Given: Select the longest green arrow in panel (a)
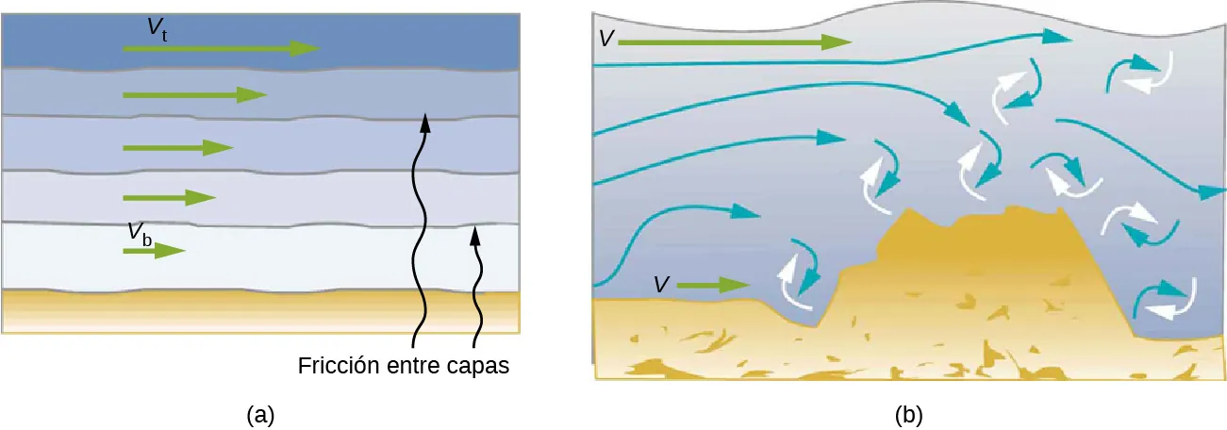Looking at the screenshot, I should (x=222, y=48).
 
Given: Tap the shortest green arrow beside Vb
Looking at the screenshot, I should (x=155, y=251).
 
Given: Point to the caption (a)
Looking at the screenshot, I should (x=259, y=413).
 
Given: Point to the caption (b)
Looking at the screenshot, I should (x=908, y=413).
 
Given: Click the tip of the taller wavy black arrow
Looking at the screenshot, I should (x=424, y=120).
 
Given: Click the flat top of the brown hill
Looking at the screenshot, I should (x=981, y=219).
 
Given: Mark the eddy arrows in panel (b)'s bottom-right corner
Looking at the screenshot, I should (x=1163, y=300).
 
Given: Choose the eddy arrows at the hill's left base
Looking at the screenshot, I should (x=797, y=274).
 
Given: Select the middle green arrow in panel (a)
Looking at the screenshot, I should (x=178, y=148).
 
